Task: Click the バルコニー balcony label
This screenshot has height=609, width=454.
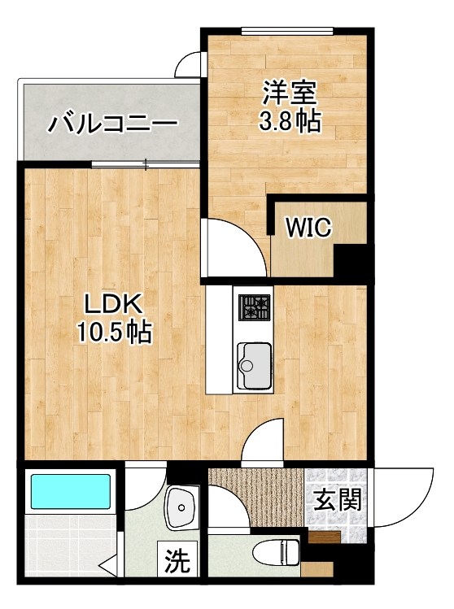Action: (112, 124)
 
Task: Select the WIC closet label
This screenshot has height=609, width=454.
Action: (308, 228)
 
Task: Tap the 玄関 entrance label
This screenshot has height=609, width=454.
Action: (337, 499)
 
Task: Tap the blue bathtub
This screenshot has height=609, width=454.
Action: (71, 492)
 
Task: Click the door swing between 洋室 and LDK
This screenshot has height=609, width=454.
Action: (236, 248)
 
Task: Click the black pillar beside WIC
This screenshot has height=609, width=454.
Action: (352, 262)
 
